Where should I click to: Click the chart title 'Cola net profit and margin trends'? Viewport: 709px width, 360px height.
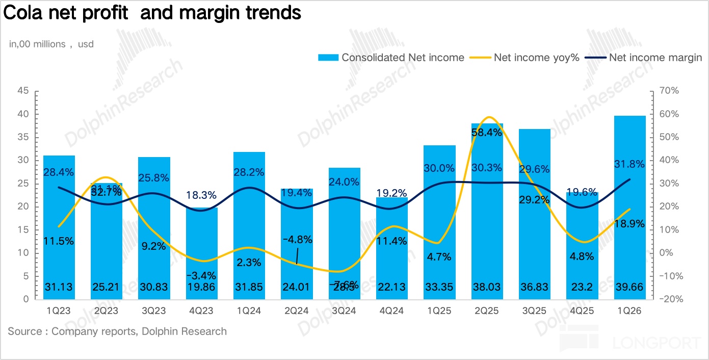(152, 13)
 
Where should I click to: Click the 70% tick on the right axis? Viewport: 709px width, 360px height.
(669, 91)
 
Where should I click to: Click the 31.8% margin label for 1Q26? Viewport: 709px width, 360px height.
(630, 165)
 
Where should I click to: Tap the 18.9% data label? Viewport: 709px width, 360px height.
(630, 223)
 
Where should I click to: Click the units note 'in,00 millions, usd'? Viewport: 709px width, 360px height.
(51, 44)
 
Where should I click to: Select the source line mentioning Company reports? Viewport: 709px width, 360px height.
(117, 331)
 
